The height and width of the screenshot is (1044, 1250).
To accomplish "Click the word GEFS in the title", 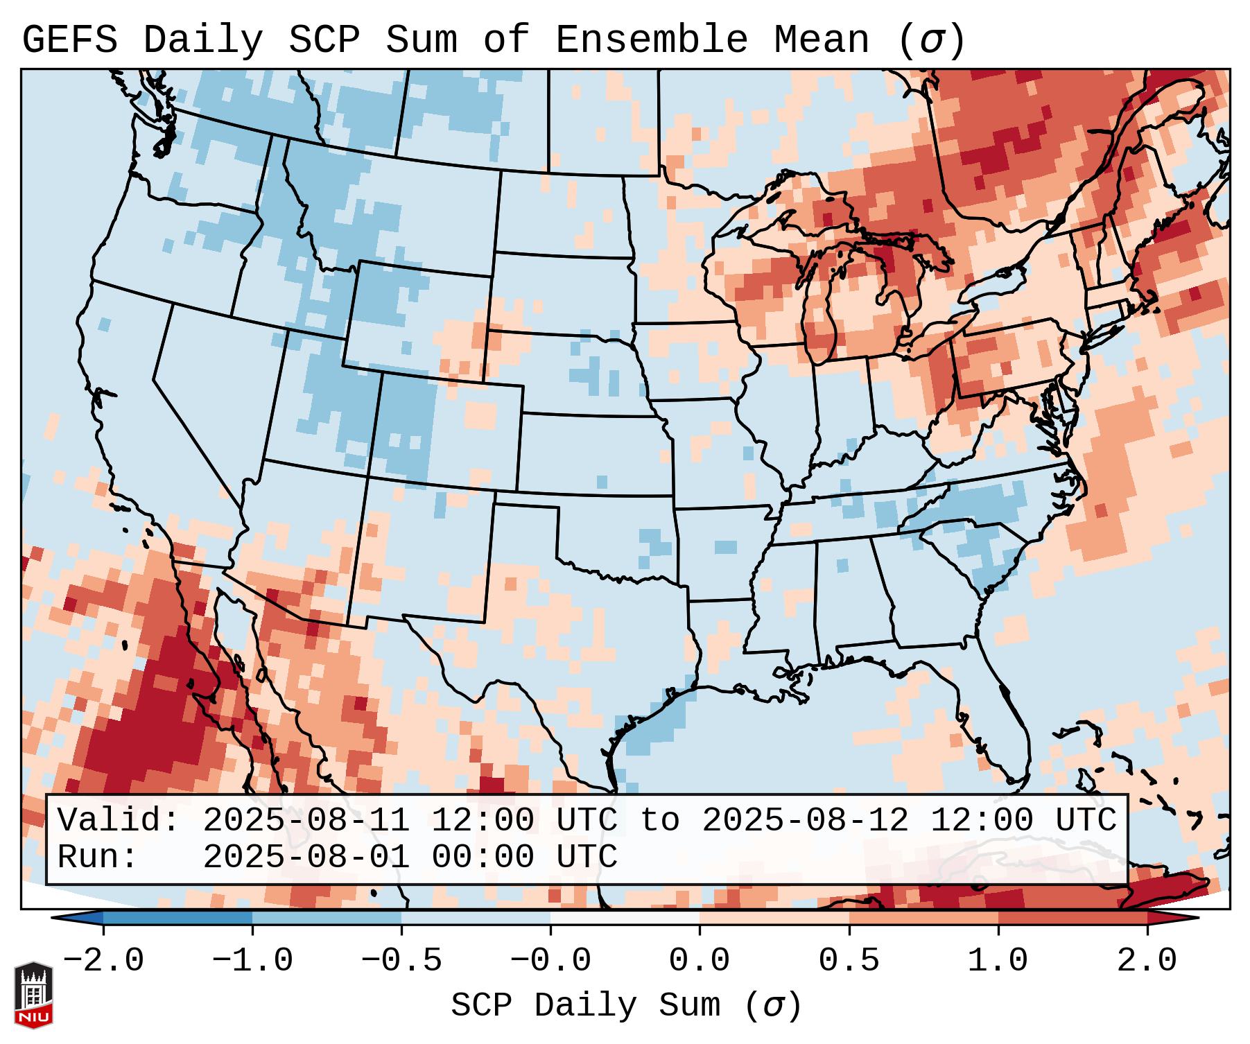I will (70, 40).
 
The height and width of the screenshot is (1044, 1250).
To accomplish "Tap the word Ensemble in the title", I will (652, 40).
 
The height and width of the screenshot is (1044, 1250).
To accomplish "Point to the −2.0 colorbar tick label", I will (103, 961).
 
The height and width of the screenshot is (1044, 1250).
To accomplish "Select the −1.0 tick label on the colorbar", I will (252, 961).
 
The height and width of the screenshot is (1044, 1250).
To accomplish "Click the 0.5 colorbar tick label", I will (849, 961).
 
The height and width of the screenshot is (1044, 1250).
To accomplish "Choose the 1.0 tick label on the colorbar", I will (998, 961).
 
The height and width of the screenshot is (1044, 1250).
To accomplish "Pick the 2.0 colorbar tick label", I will (1147, 961).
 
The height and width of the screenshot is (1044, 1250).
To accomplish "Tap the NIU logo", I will (33, 995).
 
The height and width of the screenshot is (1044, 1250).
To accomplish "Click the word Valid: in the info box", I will (119, 821).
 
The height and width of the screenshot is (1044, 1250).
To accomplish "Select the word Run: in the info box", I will (98, 858).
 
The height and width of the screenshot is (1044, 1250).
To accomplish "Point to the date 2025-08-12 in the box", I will (805, 821).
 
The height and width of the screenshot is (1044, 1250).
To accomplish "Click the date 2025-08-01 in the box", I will (306, 858).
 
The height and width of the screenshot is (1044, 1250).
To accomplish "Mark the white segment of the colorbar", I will (625, 918).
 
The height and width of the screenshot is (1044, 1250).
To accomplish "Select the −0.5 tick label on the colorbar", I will (401, 961).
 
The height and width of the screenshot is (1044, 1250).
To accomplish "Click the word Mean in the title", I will (822, 40).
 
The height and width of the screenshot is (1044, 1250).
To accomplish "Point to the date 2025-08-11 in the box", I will (306, 821).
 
